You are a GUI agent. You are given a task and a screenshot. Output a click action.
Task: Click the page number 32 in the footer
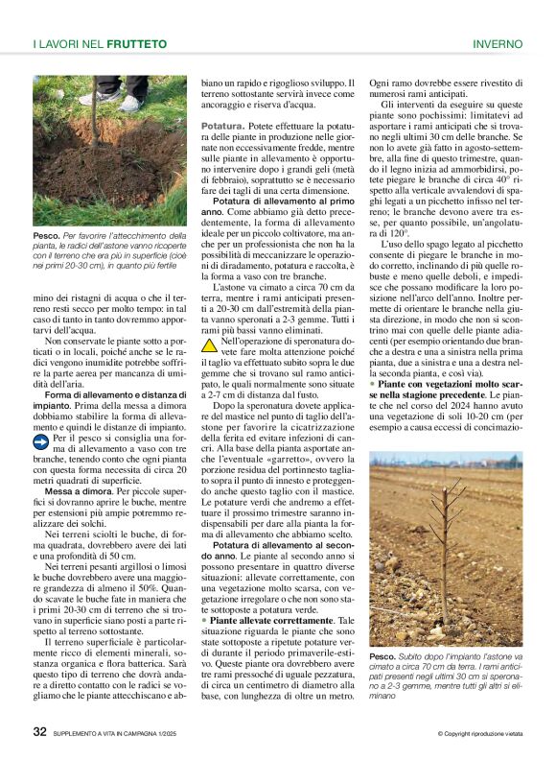[39, 731]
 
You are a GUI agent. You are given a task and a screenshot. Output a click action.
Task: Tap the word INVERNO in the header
[498, 44]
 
